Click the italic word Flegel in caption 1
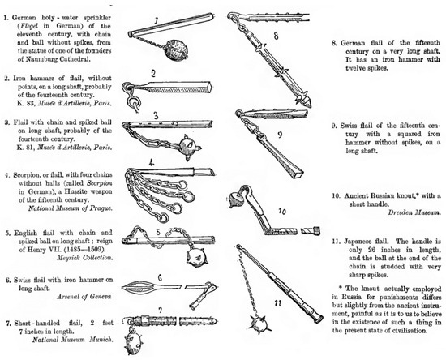coord(30,26)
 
